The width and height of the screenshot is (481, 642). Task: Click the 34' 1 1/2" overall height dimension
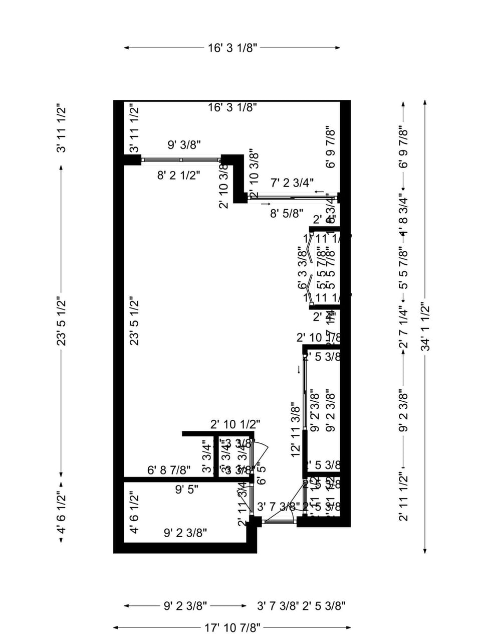click(x=425, y=326)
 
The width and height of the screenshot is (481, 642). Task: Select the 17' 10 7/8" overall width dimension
click(x=232, y=627)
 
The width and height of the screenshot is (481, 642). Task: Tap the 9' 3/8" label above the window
click(x=184, y=145)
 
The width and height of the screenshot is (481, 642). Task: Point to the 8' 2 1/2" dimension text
click(x=178, y=176)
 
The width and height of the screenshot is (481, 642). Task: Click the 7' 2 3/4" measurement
click(x=292, y=183)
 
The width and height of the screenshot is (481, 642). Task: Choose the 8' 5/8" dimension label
click(x=287, y=213)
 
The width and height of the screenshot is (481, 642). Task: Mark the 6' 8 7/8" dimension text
click(x=169, y=470)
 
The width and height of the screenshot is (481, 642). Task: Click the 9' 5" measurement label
click(x=186, y=489)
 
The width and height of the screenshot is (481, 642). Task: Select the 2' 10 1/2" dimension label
click(x=235, y=425)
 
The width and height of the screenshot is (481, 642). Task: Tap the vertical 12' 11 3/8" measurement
click(x=296, y=429)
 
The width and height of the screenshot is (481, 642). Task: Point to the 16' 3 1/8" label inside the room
click(x=232, y=107)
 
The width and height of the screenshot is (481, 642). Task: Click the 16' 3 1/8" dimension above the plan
click(x=232, y=48)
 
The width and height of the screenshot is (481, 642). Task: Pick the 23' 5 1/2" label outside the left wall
click(x=61, y=321)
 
